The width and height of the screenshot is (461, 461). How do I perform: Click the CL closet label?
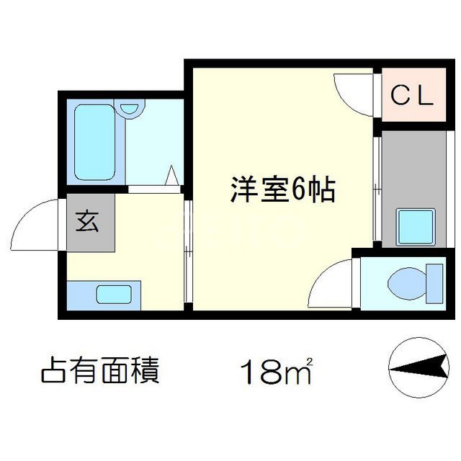point(412,95)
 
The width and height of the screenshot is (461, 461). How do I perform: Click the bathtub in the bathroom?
point(94,143)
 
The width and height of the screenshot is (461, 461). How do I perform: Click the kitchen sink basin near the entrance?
point(114,295)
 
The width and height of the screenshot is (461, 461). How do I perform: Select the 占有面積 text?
point(100,372)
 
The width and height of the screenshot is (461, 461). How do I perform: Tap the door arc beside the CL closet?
point(354,92)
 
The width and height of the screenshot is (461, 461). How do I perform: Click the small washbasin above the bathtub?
point(130,109)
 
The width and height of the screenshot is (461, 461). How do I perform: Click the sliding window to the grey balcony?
point(376,189)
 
